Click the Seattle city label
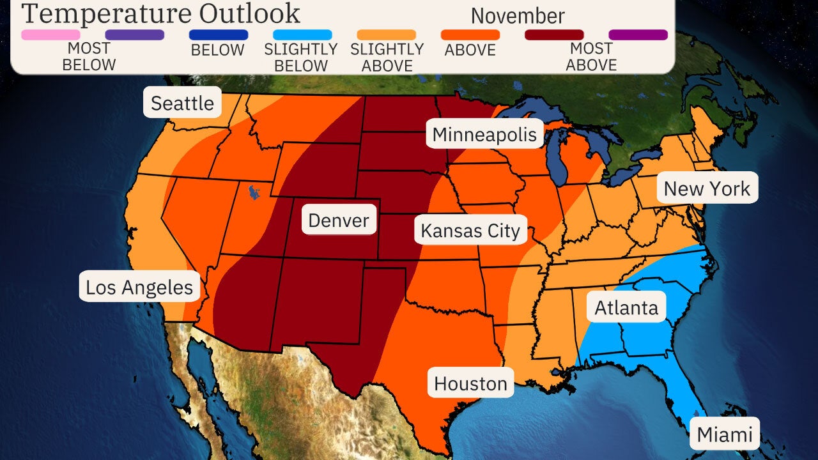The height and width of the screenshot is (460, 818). point(182,102)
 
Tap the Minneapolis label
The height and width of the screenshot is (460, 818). point(485,135)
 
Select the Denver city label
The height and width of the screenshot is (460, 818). point(339,220)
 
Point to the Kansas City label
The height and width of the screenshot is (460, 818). point(470,231)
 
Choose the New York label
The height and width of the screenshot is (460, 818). point(707,188)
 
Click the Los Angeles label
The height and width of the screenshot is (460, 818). point(139,287)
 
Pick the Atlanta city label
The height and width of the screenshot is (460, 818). point(626,307)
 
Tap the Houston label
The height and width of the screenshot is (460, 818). point(470,383)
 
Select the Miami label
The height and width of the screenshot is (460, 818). point(724,434)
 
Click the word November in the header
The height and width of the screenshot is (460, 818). point(518,16)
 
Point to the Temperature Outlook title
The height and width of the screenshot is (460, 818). point(160,13)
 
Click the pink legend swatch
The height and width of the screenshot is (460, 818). point(50,34)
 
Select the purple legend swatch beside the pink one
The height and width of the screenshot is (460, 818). point(134,34)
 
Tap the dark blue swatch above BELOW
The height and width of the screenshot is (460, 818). point(219,34)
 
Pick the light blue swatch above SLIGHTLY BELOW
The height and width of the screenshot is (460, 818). point(302,34)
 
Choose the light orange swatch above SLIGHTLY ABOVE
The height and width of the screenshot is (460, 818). point(387,34)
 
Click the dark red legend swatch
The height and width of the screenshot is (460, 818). point(554,34)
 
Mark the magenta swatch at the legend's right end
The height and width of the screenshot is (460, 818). point(638,34)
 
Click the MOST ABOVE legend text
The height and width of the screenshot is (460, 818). point(591,57)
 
